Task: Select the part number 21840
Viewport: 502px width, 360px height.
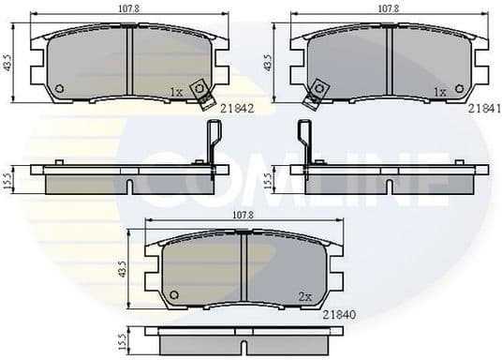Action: pyautogui.click(x=339, y=315)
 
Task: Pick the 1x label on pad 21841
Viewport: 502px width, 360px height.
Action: pyautogui.click(x=438, y=92)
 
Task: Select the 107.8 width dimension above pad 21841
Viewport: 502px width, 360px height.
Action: pyautogui.click(x=389, y=9)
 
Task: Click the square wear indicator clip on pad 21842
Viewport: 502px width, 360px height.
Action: pyautogui.click(x=199, y=90)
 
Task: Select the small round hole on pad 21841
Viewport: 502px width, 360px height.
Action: pyautogui.click(x=318, y=91)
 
